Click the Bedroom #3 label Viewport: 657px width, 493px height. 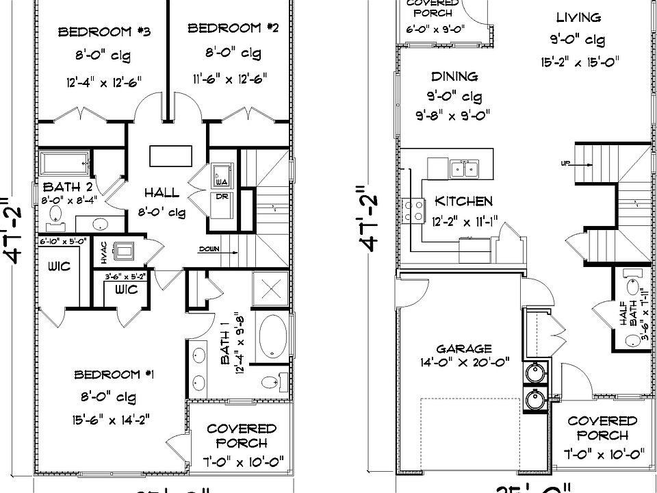(x=104, y=32)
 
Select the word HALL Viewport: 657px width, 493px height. (x=162, y=193)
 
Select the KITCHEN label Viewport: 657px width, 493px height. (x=463, y=201)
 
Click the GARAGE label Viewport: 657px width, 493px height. (x=464, y=348)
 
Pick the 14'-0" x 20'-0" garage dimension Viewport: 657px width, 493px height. (x=464, y=362)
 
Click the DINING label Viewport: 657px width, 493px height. (x=454, y=77)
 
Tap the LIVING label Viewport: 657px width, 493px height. (x=578, y=18)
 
